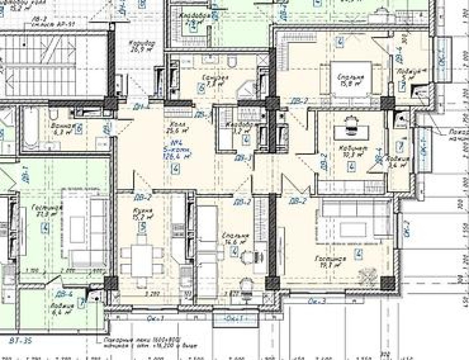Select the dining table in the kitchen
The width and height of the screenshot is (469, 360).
tap(141, 260)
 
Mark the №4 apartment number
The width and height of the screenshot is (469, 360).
tap(175, 142)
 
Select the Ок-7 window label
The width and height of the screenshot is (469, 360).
tap(407, 228)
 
